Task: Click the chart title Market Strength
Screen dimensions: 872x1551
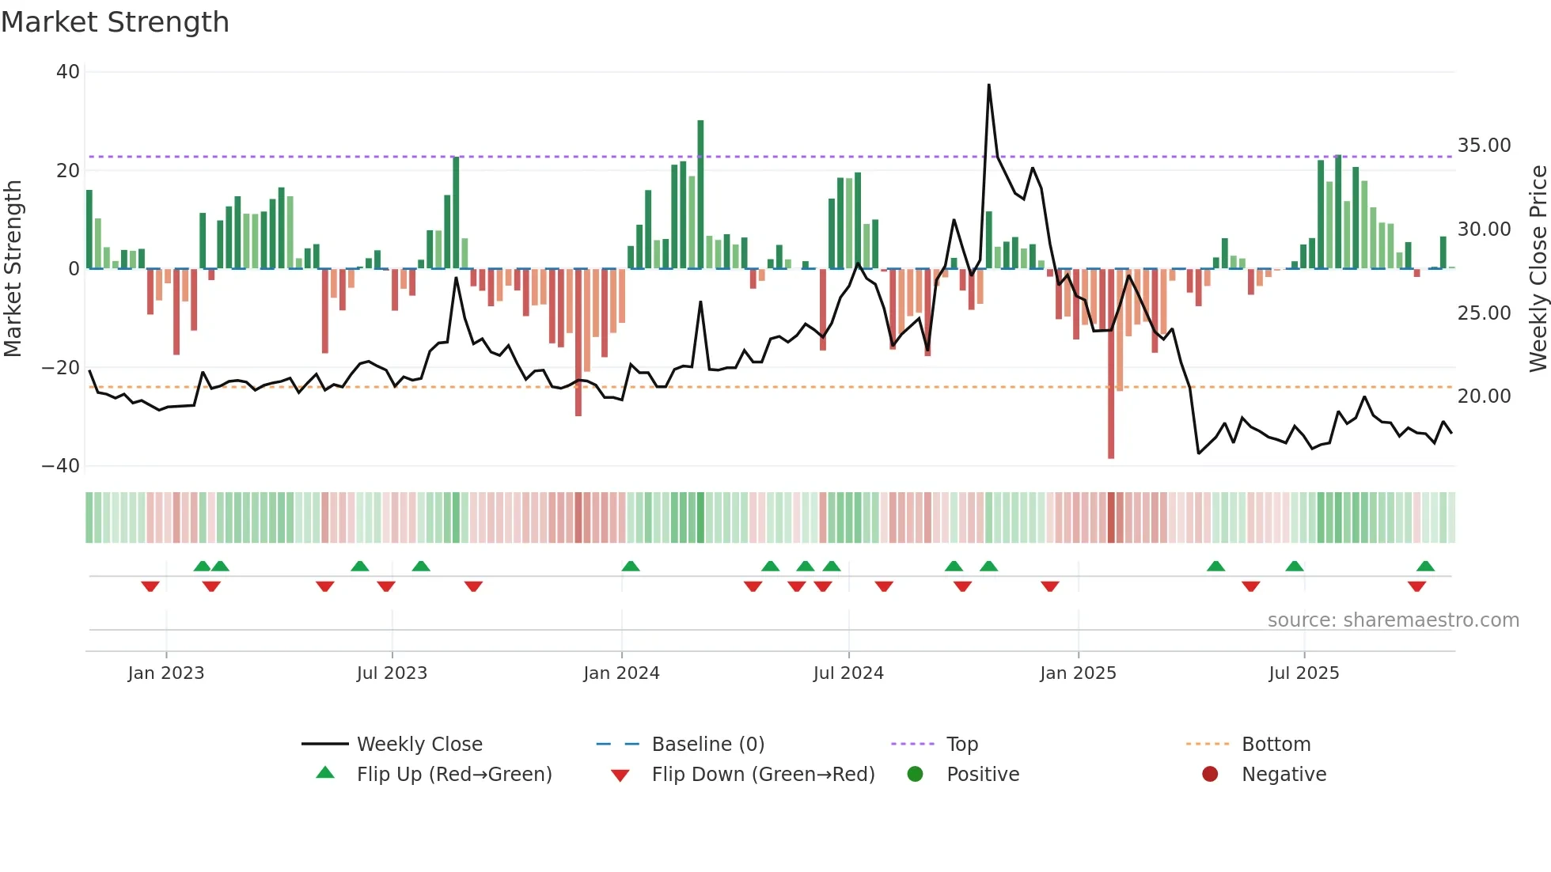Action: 115,22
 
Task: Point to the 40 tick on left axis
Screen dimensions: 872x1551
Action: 68,72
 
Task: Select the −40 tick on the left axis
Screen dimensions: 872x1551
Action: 61,466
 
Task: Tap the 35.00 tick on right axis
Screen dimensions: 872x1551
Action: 1484,146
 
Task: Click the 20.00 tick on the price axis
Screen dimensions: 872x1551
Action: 1484,396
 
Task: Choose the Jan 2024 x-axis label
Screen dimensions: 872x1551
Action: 621,673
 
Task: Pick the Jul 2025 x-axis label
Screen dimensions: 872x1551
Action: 1303,673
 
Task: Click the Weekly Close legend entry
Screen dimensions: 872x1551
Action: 419,745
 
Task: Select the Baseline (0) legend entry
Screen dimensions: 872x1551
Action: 707,745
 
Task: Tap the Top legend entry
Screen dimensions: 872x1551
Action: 961,745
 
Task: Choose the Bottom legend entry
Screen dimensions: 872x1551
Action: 1276,745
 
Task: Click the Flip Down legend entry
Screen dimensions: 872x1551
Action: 763,775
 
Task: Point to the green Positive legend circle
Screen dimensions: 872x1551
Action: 916,775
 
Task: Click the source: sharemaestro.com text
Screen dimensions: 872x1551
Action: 1393,620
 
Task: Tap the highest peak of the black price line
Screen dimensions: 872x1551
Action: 988,85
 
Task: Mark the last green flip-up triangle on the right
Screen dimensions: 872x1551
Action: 1425,567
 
